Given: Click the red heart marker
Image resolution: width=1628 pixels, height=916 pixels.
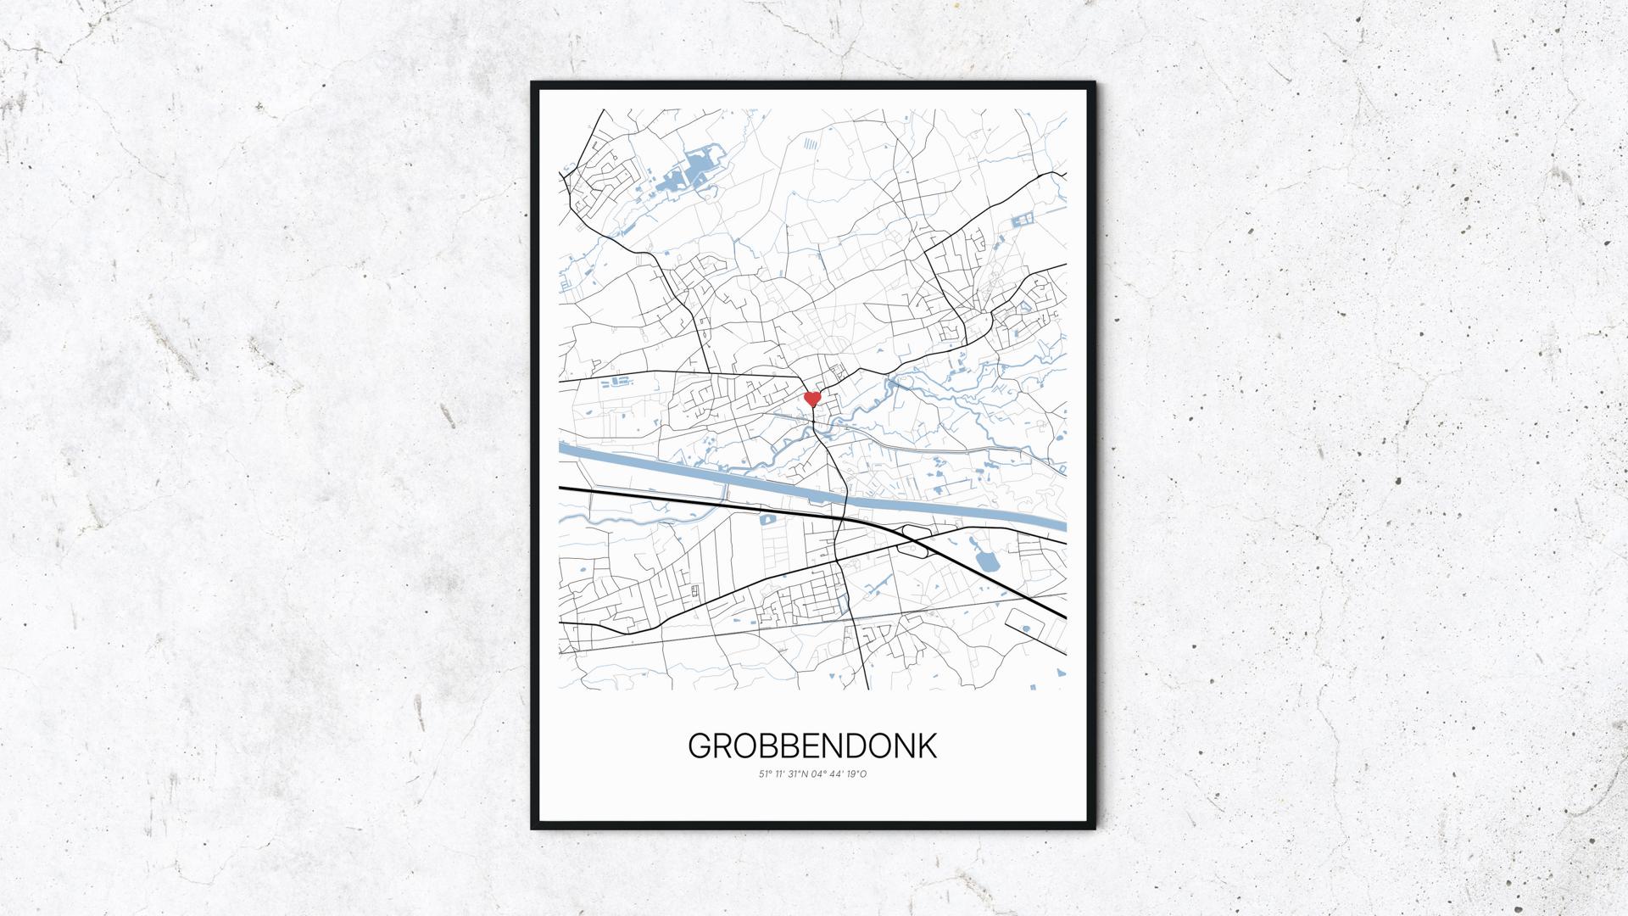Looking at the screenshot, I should click(812, 398).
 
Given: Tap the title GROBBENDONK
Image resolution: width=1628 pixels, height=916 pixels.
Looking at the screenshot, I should click(812, 746).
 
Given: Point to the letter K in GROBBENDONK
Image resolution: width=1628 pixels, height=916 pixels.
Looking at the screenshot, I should click(928, 746).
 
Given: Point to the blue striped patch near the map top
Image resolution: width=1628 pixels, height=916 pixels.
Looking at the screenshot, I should click(811, 144).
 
